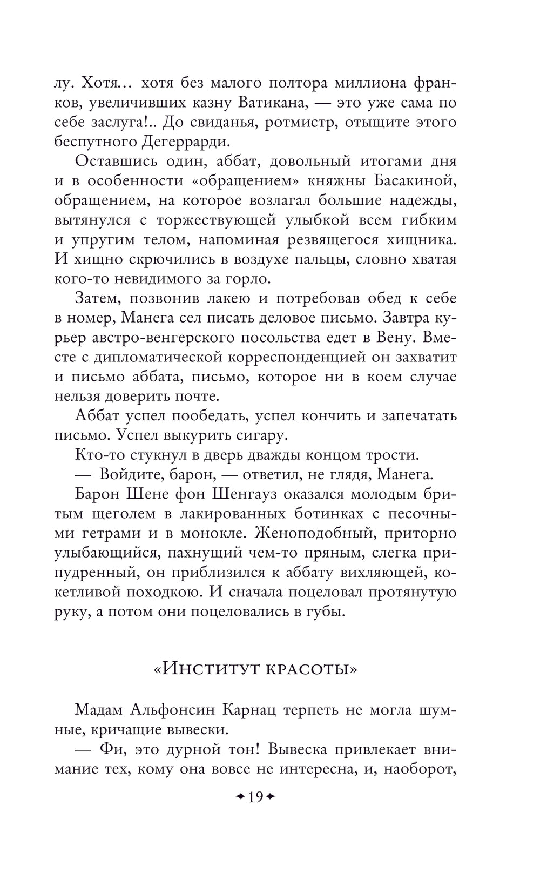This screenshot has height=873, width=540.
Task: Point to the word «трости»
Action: (393, 455)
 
